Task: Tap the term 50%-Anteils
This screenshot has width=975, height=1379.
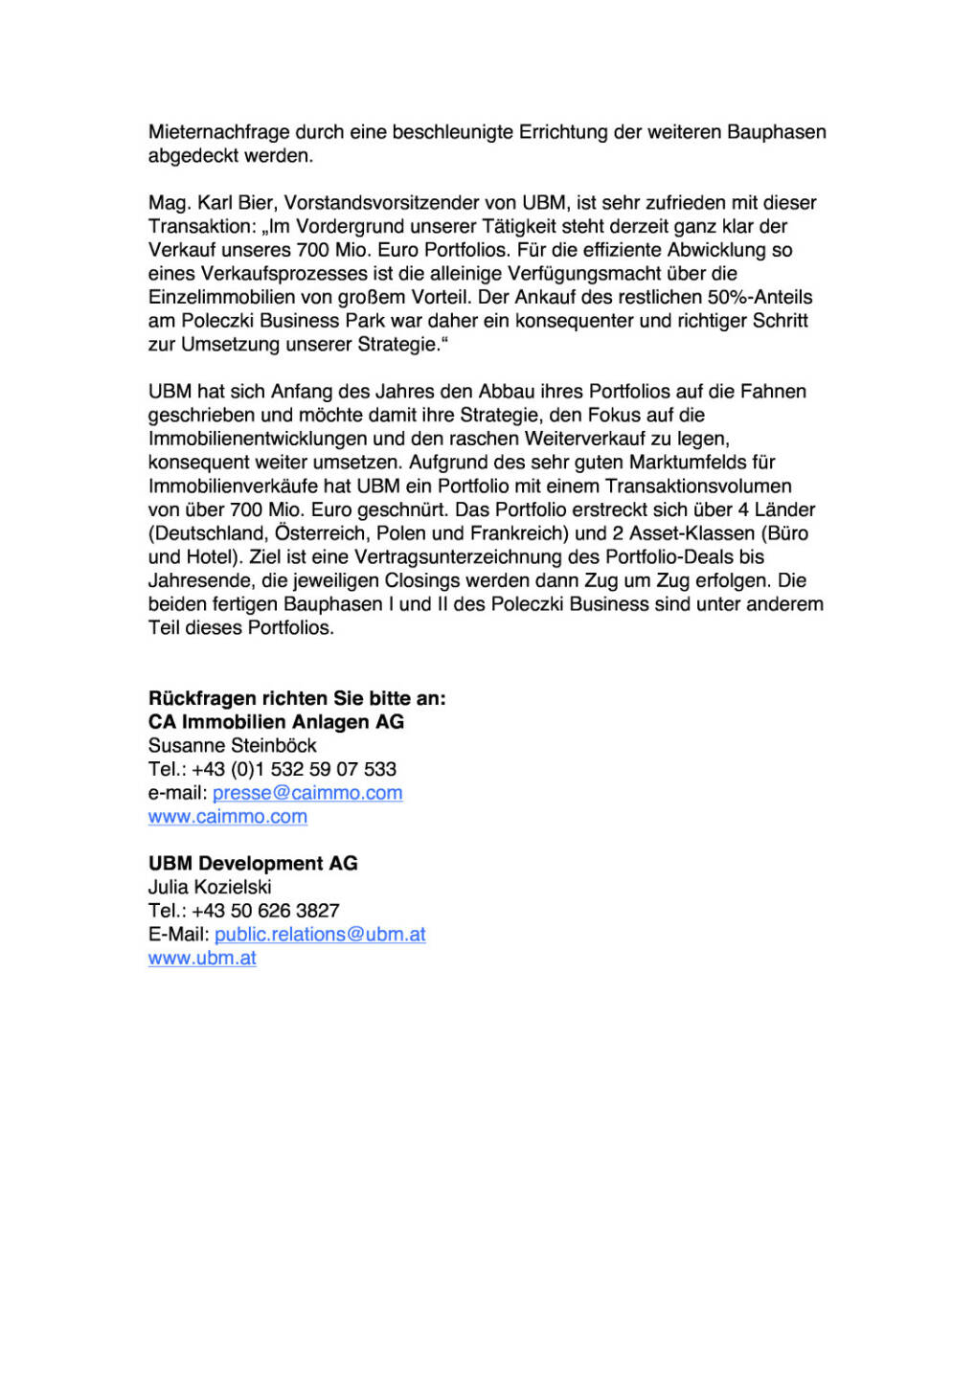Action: click(x=760, y=297)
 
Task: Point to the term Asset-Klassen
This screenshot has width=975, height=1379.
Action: click(x=690, y=533)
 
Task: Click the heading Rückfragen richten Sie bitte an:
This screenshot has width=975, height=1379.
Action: click(x=297, y=698)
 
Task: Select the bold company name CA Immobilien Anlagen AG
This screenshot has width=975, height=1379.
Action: click(x=276, y=722)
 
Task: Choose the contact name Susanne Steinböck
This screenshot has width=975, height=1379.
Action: click(x=232, y=746)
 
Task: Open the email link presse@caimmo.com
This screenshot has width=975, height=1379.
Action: click(x=307, y=793)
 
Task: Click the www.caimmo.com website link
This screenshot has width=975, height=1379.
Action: click(x=228, y=817)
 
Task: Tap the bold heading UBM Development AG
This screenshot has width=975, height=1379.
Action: click(x=253, y=864)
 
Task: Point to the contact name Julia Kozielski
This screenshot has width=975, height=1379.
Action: click(x=210, y=888)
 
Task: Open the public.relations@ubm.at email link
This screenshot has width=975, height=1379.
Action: click(x=320, y=935)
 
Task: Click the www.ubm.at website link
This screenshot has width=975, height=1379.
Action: click(x=202, y=959)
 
